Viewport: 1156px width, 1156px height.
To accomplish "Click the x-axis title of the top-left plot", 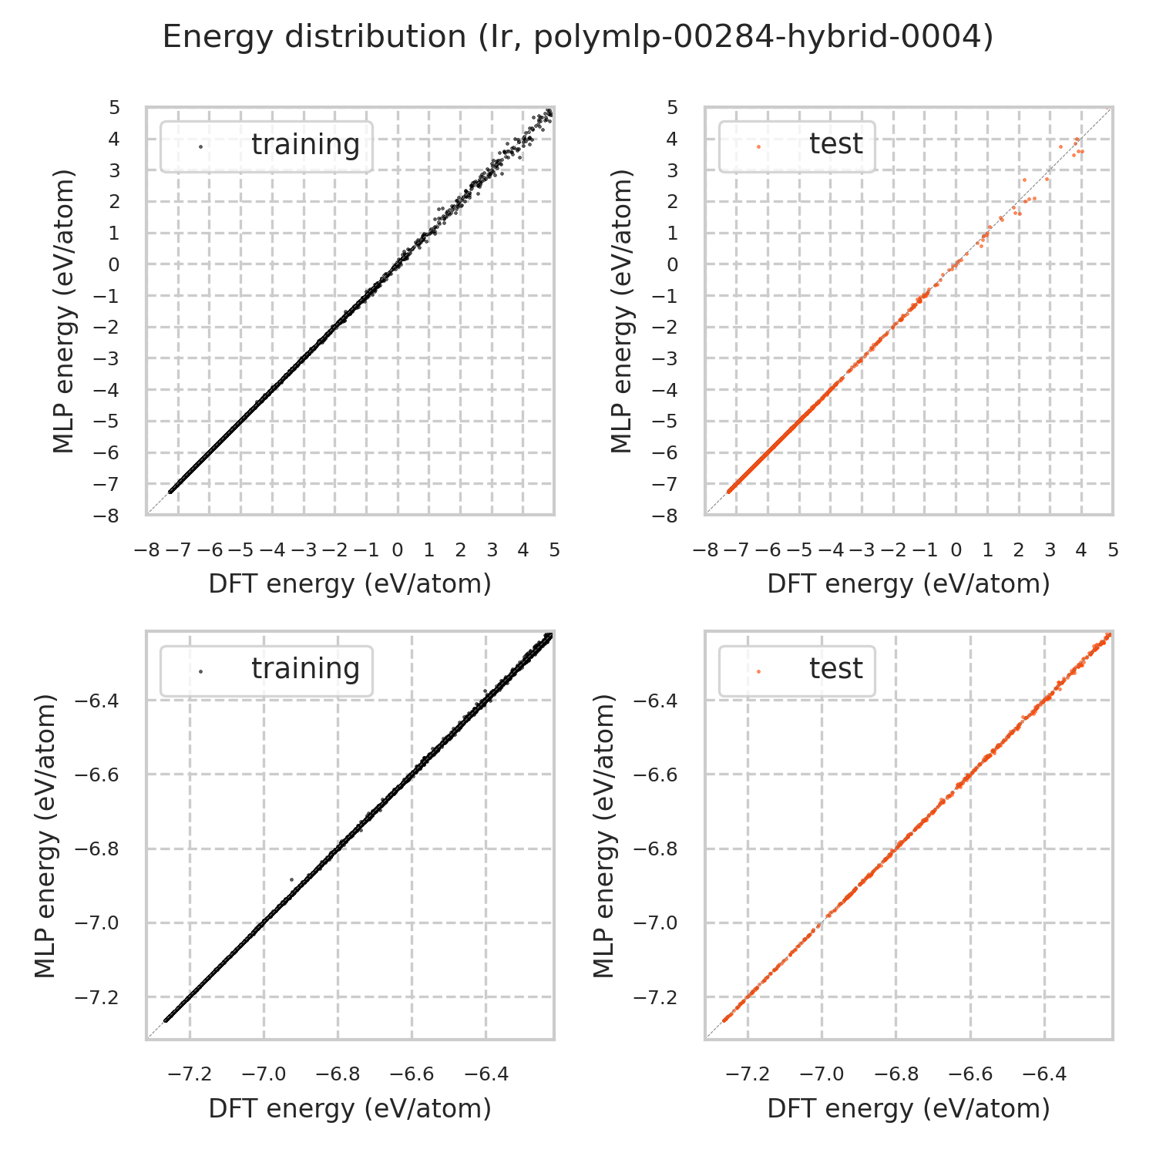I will [350, 584].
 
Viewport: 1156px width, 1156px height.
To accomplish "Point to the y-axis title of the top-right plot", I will [621, 311].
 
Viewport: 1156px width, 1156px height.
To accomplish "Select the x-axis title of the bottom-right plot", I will [909, 1108].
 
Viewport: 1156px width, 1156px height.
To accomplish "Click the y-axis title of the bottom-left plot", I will [46, 835].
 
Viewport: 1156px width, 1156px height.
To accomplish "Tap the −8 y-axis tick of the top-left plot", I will [109, 516].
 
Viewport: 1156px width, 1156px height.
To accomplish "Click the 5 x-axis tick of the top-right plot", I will [1113, 550].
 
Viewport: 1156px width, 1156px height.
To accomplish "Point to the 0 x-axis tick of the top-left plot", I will [398, 550].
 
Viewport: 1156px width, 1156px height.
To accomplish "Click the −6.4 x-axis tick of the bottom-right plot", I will [1044, 1074].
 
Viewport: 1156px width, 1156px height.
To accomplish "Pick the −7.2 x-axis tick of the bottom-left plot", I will [190, 1074].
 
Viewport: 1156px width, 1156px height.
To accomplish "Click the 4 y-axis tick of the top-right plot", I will [672, 139].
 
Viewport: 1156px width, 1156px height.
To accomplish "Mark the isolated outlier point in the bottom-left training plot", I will [291, 879].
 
